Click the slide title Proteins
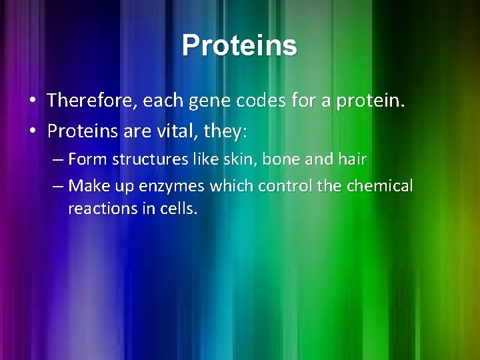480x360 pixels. pyautogui.click(x=239, y=45)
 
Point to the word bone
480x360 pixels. pyautogui.click(x=264, y=159)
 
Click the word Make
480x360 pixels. pyautogui.click(x=85, y=185)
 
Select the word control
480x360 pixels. pyautogui.click(x=285, y=185)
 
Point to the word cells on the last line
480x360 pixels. pyautogui.click(x=179, y=208)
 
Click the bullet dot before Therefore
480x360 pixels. pyautogui.click(x=32, y=101)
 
